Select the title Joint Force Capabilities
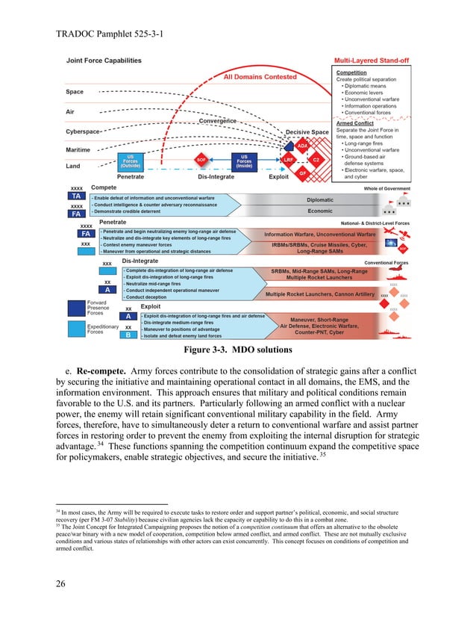coord(104,61)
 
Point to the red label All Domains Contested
coord(260,77)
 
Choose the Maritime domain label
coord(78,150)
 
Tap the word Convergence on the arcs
coord(218,121)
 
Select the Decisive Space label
coord(307,133)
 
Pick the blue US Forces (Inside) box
coord(244,161)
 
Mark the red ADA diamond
coord(302,146)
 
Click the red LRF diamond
coord(288,160)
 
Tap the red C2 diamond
coord(316,160)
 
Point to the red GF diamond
coord(302,173)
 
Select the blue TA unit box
coord(76,196)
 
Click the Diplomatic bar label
coord(320,199)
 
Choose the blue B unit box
coord(128,335)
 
